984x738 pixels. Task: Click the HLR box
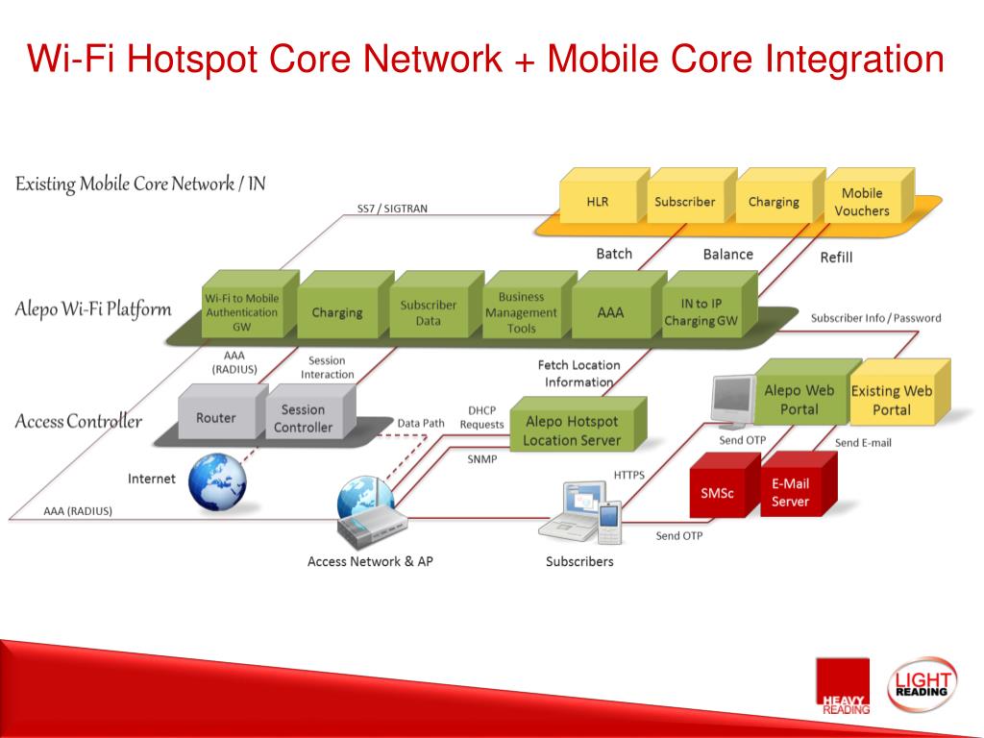pyautogui.click(x=598, y=202)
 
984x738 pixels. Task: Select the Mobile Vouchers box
pyautogui.click(x=861, y=202)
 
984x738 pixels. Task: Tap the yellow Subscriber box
pyautogui.click(x=684, y=202)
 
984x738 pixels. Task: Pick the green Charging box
pyautogui.click(x=336, y=312)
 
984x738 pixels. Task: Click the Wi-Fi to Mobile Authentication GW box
pyautogui.click(x=242, y=312)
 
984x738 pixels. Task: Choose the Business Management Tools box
pyautogui.click(x=521, y=312)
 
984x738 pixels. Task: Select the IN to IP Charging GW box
pyautogui.click(x=701, y=312)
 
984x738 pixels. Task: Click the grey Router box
pyautogui.click(x=216, y=418)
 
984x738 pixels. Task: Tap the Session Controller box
pyautogui.click(x=303, y=418)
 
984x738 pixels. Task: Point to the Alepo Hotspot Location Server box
pyautogui.click(x=572, y=430)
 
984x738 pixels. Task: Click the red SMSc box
pyautogui.click(x=717, y=493)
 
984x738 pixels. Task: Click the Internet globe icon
pyautogui.click(x=216, y=480)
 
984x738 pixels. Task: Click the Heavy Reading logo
pyautogui.click(x=842, y=685)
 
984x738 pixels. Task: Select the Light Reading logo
pyautogui.click(x=922, y=683)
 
